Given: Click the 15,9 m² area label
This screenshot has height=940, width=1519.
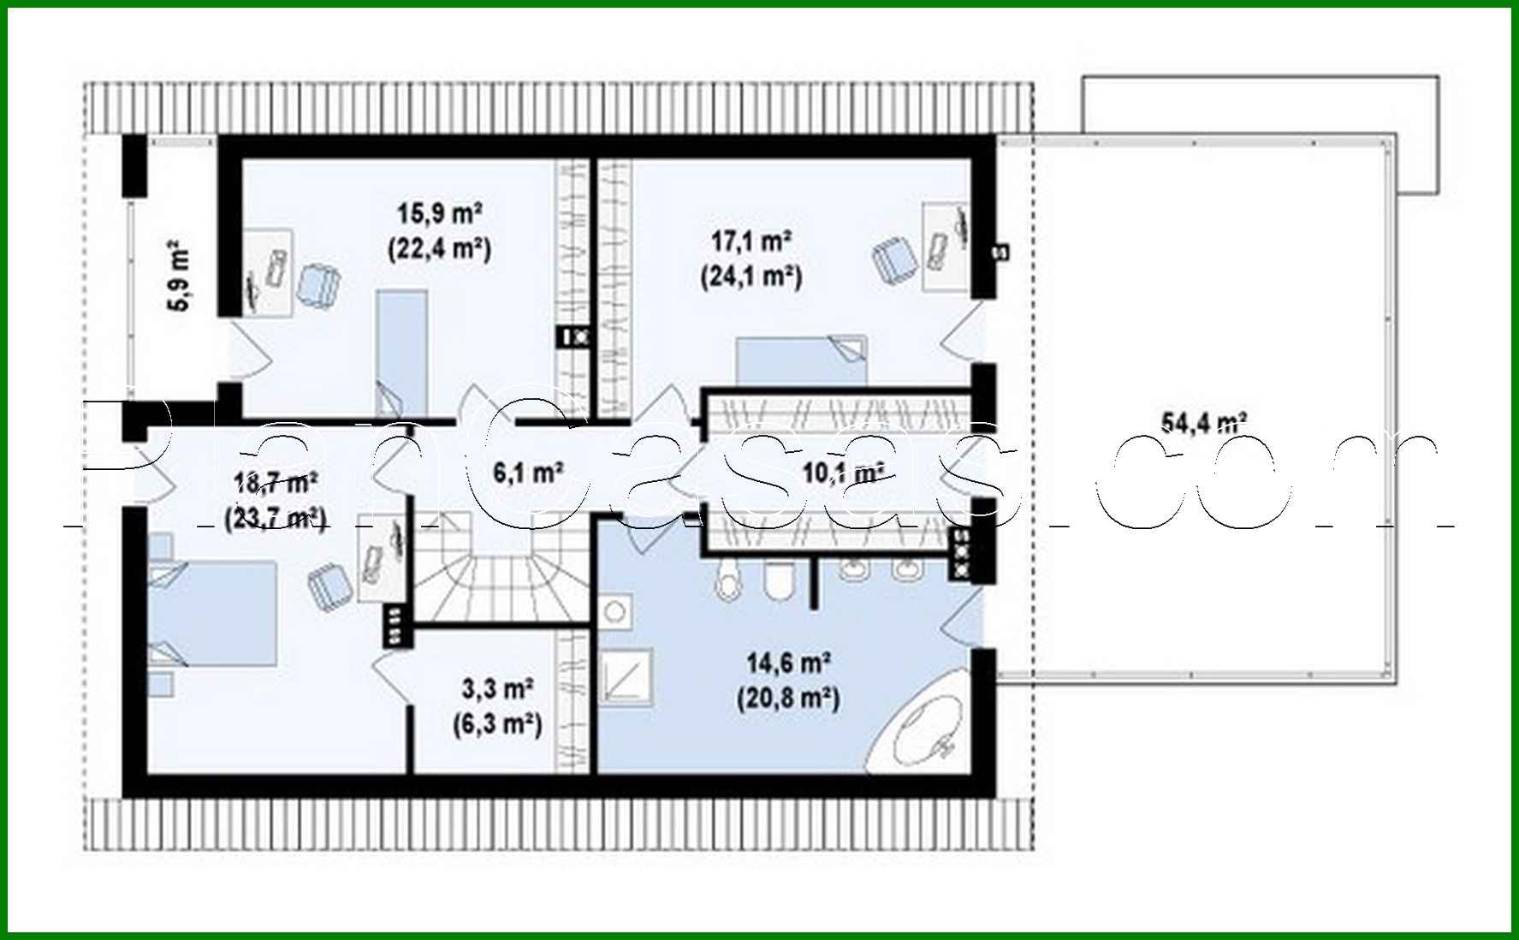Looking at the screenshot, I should coord(440,211).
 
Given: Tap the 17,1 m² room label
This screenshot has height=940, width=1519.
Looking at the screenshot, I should coord(751,241).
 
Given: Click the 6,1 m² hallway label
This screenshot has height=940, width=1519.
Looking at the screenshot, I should coord(528,472).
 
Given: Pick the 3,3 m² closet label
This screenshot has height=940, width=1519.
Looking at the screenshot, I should coord(498,688).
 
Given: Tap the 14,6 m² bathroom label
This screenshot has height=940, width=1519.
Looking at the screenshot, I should coord(788,663).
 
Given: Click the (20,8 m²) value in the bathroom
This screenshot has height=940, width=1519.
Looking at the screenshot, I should coord(788,699).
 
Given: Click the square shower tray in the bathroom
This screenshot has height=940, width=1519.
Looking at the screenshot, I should coord(626,677).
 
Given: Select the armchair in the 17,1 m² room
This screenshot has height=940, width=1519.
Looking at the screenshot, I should coord(893,259).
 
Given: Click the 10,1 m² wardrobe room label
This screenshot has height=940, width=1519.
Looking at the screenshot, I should coord(842,472).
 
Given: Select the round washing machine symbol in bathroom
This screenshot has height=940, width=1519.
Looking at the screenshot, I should coord(614,611).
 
